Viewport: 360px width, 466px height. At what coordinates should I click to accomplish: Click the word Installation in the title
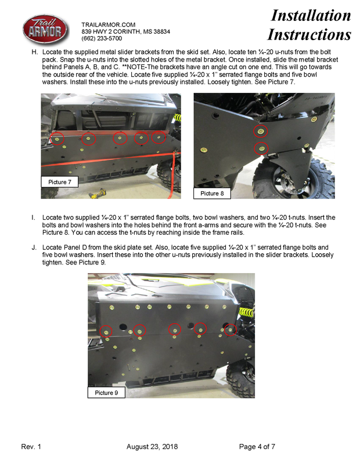pos(311,15)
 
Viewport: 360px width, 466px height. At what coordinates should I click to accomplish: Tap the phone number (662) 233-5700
pos(102,38)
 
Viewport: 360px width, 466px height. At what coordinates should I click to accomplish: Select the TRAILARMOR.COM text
pos(108,24)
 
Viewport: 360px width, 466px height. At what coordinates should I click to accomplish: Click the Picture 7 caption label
pos(60,182)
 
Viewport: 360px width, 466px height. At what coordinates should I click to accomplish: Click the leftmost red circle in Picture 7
pos(57,138)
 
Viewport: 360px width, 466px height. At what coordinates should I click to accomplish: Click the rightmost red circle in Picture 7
pos(159,138)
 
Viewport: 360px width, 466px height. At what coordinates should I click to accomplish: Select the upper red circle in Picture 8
pos(261,131)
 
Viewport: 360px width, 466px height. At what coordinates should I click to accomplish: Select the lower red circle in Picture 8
pos(262,149)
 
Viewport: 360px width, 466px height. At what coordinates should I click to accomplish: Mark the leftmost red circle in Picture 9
pos(106,332)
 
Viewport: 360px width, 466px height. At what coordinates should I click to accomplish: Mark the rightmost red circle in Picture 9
pos(231,329)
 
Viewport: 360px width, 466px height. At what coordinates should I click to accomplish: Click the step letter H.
pos(34,52)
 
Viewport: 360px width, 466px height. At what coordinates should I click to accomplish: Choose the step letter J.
pos(34,247)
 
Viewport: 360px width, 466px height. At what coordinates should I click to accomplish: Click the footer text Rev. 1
pos(31,446)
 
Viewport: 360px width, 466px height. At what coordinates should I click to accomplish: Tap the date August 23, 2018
pos(152,446)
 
